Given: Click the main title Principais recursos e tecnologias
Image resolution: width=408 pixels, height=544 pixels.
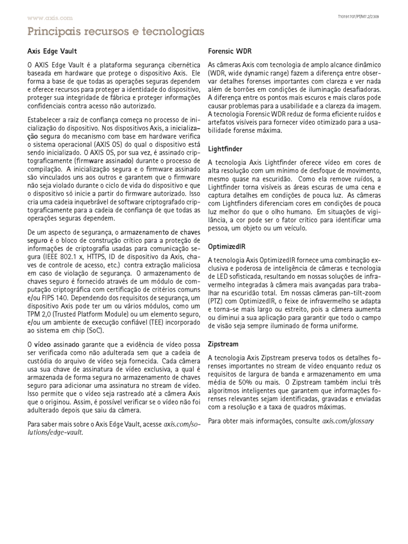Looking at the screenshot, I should (116, 32).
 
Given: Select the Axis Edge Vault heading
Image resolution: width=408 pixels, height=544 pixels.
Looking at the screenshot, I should (52, 52).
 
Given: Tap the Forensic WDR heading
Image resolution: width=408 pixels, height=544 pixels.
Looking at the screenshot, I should (229, 52).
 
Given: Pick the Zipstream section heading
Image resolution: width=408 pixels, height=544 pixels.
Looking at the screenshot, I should (223, 344).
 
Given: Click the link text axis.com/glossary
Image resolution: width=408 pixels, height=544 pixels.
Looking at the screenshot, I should (348, 421).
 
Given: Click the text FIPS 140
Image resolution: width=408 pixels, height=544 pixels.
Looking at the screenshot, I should (50, 299).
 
